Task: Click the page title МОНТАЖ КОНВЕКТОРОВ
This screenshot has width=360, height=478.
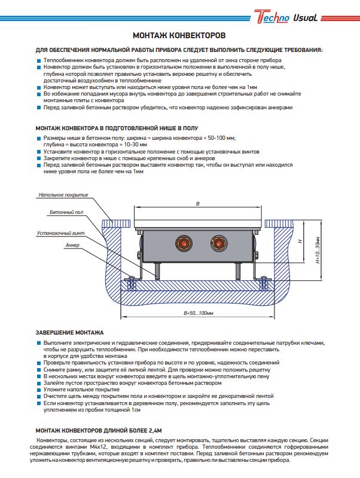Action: click(179, 36)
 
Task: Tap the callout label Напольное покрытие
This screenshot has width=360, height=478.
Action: click(63, 195)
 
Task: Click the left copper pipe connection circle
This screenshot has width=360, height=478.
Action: click(181, 243)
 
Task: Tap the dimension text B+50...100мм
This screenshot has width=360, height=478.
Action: click(199, 312)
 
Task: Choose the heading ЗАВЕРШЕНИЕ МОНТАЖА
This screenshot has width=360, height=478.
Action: click(70, 332)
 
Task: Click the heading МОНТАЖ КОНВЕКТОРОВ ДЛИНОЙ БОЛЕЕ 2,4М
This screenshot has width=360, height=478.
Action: click(99, 430)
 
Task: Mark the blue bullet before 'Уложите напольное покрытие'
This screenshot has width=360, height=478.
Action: click(39, 390)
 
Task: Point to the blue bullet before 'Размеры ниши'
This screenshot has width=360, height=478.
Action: click(39, 139)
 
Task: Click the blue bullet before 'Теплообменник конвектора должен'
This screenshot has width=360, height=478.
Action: click(39, 62)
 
